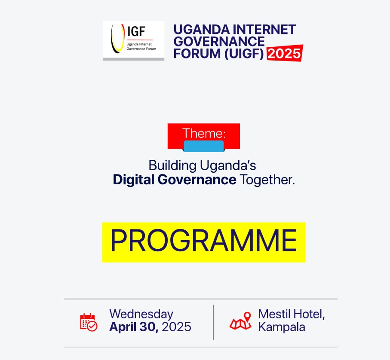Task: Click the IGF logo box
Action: [133, 41]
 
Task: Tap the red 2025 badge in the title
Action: [285, 53]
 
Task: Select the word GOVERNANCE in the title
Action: [219, 41]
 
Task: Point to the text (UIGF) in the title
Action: [244, 54]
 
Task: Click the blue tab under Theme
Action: [204, 146]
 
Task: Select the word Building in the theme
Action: [172, 165]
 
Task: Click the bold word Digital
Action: [134, 180]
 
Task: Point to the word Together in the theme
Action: [267, 180]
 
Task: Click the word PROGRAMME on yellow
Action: [204, 240]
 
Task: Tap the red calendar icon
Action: [89, 322]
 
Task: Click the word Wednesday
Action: [141, 314]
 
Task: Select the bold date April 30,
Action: [134, 327]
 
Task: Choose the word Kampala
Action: [282, 327]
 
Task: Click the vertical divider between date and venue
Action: [213, 322]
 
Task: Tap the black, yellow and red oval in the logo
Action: [118, 39]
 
